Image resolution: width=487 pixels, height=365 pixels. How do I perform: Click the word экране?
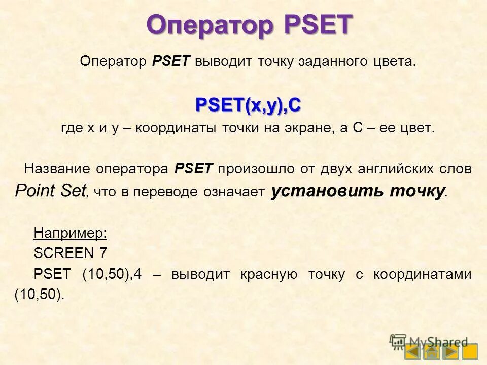pos(307,128)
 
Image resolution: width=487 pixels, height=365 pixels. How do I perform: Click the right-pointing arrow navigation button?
pos(450,351)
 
